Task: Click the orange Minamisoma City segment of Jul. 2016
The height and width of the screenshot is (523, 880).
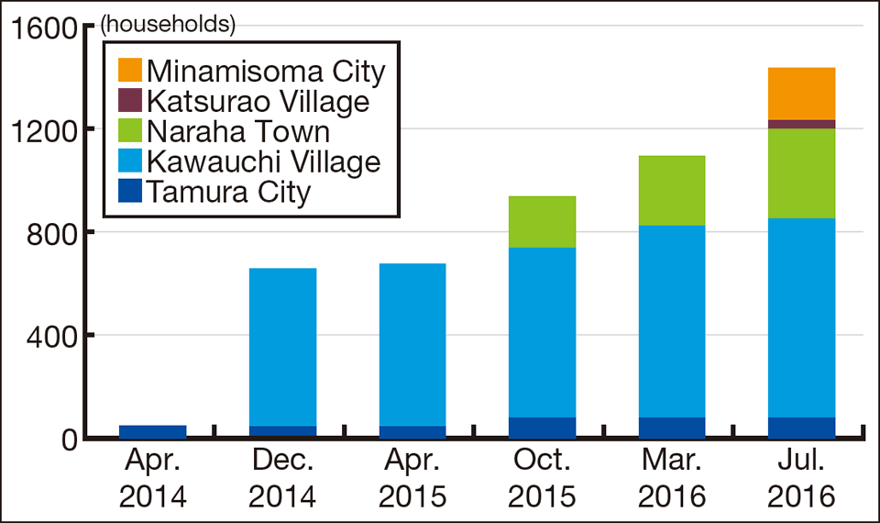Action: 802,94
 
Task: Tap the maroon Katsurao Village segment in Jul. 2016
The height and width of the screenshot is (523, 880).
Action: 802,124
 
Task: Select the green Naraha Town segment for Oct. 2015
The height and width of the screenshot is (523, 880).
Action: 543,221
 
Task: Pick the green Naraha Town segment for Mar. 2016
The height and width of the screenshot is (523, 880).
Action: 672,190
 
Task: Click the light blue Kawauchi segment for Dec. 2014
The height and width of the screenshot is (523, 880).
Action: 283,347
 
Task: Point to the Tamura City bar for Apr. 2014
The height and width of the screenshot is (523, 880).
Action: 153,431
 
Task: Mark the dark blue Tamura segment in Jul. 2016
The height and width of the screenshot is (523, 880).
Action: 802,428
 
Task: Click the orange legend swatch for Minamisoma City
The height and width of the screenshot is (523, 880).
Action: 130,71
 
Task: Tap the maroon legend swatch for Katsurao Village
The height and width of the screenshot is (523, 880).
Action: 130,101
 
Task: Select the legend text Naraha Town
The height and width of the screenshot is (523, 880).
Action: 238,131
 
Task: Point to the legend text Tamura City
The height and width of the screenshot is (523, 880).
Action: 229,193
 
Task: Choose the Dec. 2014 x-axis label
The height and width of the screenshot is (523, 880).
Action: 283,477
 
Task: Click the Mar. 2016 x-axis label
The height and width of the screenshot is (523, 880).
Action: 672,477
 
